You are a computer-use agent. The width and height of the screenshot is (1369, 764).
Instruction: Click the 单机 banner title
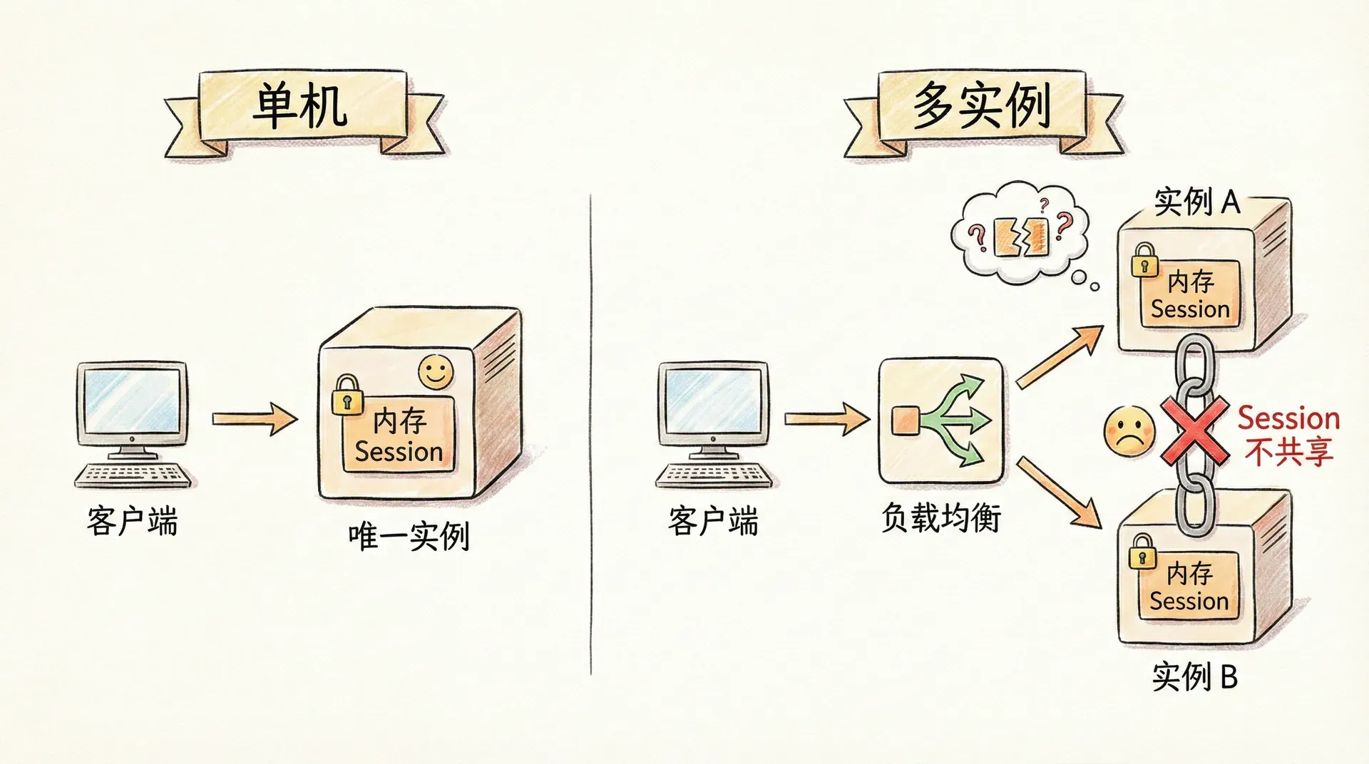301,107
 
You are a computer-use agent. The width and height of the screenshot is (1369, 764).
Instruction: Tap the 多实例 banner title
982,107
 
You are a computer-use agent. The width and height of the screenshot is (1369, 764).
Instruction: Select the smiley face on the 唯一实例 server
436,372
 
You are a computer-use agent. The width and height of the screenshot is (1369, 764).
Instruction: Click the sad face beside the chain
1129,430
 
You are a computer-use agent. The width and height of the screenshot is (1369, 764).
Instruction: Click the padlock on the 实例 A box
1144,260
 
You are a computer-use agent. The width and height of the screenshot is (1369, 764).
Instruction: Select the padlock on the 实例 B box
1142,551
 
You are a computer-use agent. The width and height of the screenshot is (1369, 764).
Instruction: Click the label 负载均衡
940,518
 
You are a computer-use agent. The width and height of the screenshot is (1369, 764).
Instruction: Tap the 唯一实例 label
409,536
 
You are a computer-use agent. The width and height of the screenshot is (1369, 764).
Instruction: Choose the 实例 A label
1197,202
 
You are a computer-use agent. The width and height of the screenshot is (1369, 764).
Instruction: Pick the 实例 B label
1194,676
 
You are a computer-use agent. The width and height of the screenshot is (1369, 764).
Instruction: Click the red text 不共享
1288,452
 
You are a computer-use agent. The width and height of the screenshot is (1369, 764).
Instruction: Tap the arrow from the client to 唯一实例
255,418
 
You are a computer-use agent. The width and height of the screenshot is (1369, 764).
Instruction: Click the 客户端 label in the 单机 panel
133,521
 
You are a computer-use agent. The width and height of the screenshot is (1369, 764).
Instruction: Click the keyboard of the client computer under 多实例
713,475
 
